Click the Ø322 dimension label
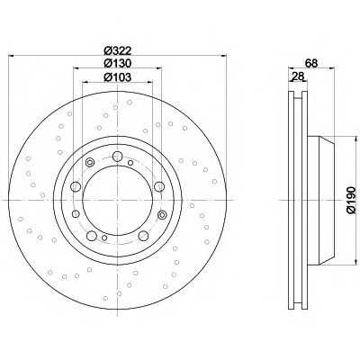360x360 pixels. pyautogui.click(x=118, y=50)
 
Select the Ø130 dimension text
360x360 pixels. pyautogui.click(x=118, y=63)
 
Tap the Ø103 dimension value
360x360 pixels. pyautogui.click(x=118, y=77)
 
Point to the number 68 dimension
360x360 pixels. pyautogui.click(x=311, y=63)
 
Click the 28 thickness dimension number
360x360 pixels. pyautogui.click(x=298, y=76)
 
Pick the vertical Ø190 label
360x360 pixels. pyautogui.click(x=351, y=200)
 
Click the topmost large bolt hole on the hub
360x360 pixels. pyautogui.click(x=117, y=157)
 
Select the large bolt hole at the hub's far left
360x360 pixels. pyautogui.click(x=76, y=186)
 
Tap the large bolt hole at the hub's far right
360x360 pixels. pyautogui.click(x=159, y=186)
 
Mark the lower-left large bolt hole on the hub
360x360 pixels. pyautogui.click(x=92, y=236)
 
